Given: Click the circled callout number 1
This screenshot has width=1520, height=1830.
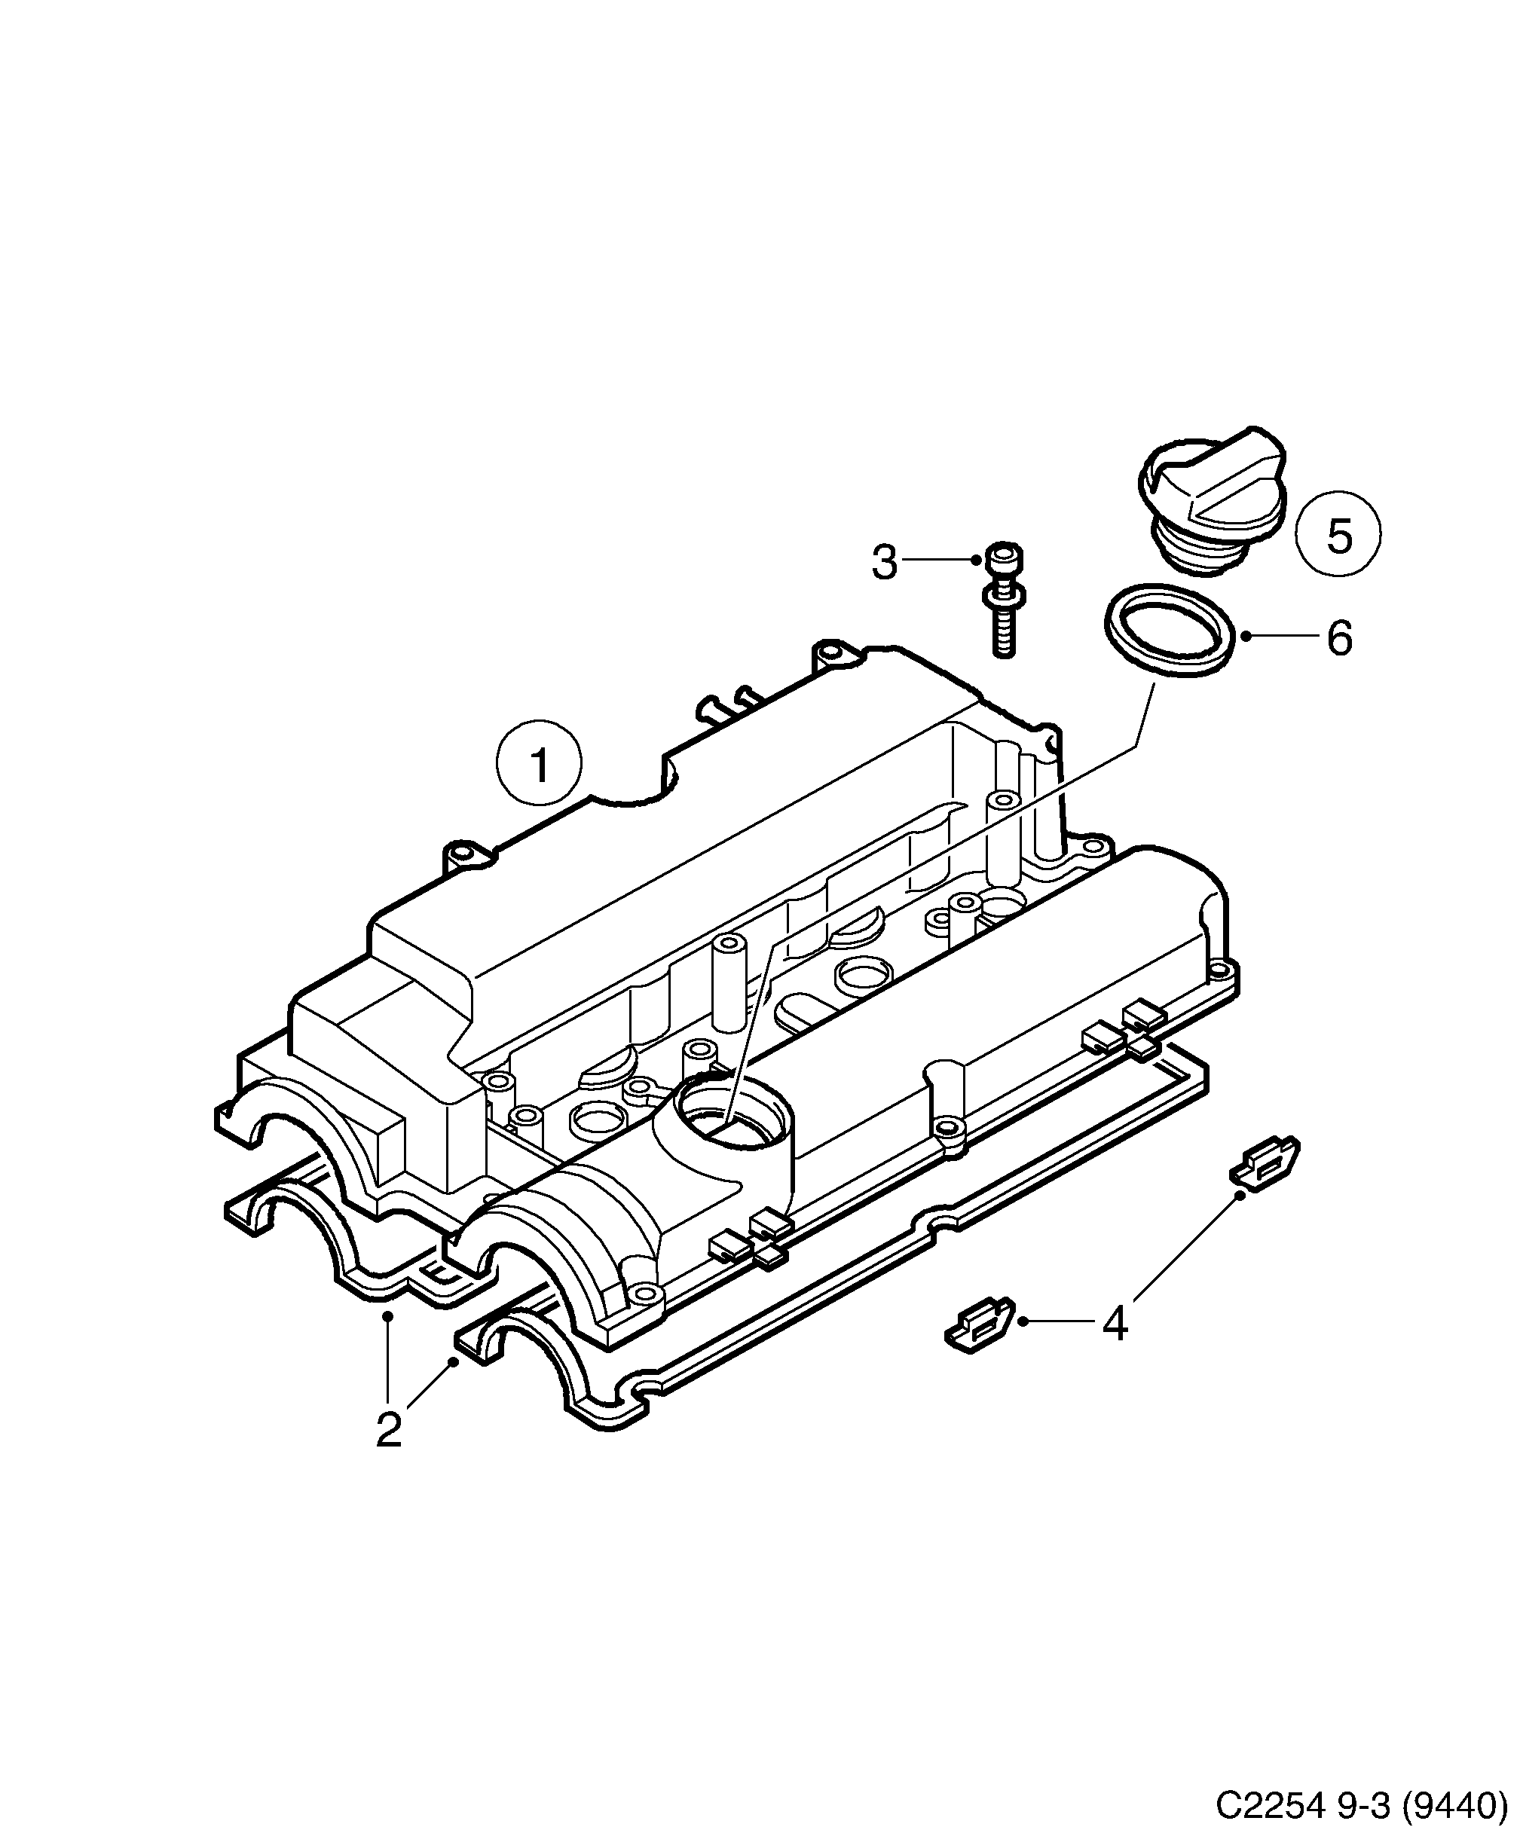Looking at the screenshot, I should (x=539, y=766).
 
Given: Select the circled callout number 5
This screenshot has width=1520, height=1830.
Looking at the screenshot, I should (x=1338, y=534).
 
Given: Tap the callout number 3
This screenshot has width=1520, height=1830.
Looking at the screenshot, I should (x=884, y=562).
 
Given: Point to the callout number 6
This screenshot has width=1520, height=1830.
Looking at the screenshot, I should (x=1338, y=638).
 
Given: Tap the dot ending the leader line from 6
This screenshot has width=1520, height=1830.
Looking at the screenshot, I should (x=1246, y=636).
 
